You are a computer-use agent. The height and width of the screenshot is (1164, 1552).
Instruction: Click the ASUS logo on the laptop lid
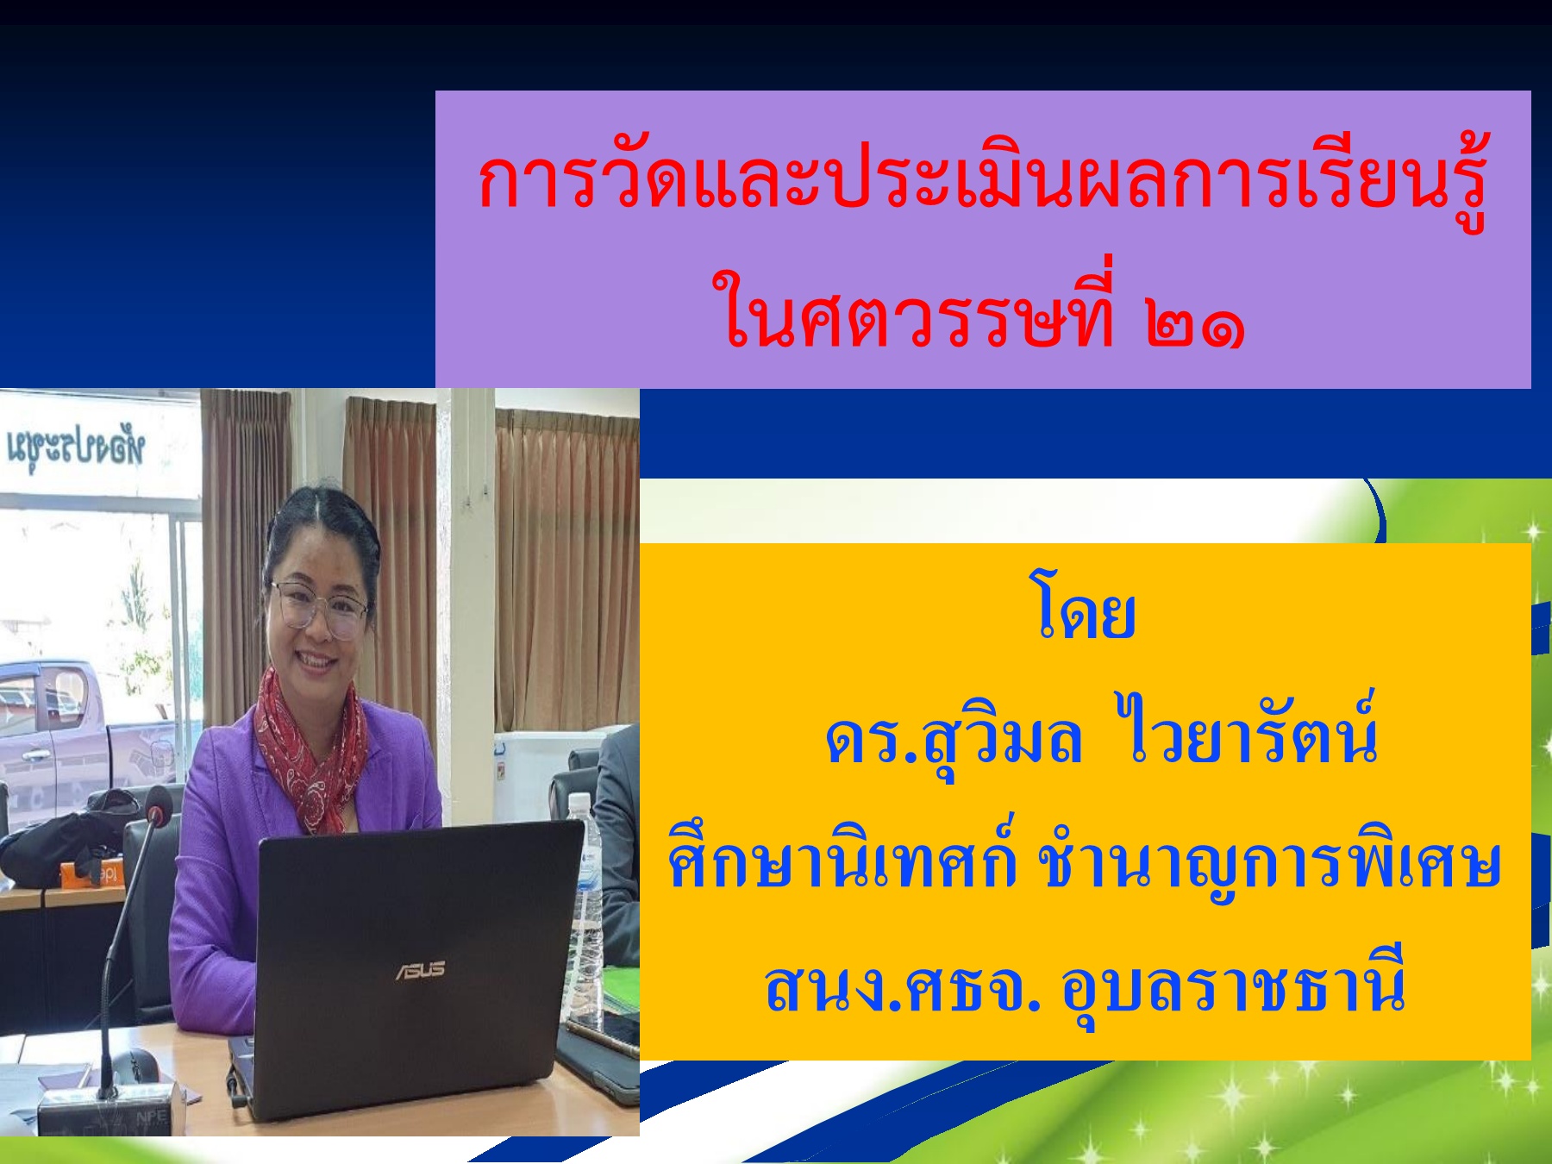pyautogui.click(x=421, y=970)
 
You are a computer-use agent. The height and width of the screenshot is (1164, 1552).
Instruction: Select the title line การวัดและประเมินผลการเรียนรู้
pyautogui.click(x=983, y=181)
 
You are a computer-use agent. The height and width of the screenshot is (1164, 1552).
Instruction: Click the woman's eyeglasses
pyautogui.click(x=319, y=608)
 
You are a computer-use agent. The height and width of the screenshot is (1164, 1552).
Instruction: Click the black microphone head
pyautogui.click(x=156, y=806)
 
